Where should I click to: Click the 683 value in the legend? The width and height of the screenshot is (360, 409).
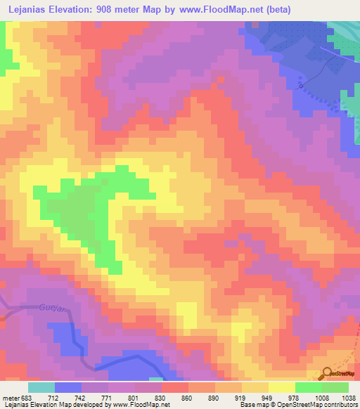pos(24,397)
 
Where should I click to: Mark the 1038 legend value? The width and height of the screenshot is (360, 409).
pos(346,397)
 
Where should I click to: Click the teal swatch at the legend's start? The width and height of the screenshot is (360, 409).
pos(41,387)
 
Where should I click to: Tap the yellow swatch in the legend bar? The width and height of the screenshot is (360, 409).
pos(281,387)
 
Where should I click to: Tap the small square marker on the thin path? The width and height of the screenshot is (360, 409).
pos(301,85)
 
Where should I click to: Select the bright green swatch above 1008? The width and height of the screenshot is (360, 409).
pos(308,387)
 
